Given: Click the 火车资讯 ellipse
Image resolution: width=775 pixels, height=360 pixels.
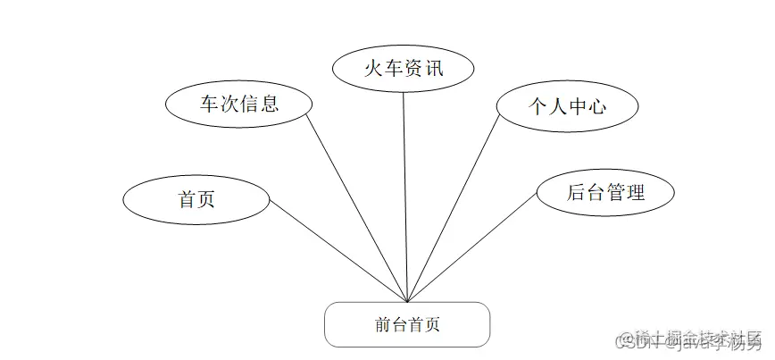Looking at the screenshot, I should [403, 68].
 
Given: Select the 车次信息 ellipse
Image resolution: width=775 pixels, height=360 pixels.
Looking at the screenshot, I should [238, 103].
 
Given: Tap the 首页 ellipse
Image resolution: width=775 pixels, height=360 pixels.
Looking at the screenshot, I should [196, 198].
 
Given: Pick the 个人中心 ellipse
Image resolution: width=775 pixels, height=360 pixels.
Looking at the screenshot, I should [567, 105].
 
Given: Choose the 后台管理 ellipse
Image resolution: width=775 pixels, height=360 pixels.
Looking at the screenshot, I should [605, 191].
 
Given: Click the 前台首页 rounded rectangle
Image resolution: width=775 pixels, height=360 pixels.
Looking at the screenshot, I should [407, 324].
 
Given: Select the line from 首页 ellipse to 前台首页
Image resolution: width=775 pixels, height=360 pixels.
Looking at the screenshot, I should [339, 251].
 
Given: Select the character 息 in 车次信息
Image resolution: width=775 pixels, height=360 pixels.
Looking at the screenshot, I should [270, 103].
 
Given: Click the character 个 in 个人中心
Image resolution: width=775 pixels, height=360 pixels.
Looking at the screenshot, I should [536, 106].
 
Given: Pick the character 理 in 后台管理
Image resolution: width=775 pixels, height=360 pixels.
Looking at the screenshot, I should [636, 191].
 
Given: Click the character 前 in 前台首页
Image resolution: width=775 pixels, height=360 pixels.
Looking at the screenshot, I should [383, 325].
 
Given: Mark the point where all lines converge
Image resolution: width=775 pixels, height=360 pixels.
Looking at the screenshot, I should [408, 302].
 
